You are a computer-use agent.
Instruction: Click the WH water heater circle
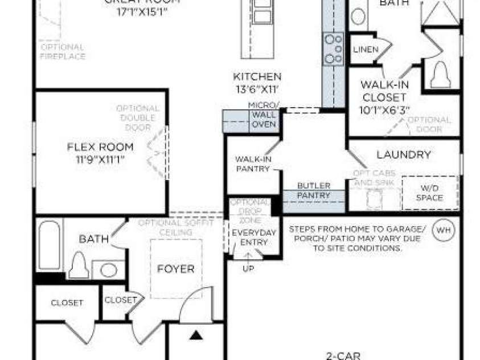coord(443,230)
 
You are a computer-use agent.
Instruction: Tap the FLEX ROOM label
coord(100,146)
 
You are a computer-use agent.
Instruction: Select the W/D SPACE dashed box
coord(430,193)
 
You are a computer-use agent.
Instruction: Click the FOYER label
coord(176,269)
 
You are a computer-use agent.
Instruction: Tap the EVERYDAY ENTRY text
coord(253,238)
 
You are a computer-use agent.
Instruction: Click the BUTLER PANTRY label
coord(314,191)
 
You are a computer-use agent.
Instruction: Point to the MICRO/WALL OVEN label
coord(264,114)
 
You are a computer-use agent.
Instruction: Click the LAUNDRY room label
coord(403,155)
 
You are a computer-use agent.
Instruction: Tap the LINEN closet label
coord(365,50)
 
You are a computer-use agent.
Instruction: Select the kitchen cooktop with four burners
coord(333,48)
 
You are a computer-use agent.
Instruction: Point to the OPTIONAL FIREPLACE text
coord(63,51)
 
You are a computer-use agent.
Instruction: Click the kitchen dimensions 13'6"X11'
coord(257,88)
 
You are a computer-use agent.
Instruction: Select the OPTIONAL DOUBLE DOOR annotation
coord(138,117)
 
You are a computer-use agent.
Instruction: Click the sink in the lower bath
coord(108,269)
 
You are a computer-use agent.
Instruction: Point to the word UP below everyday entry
coord(249,268)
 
